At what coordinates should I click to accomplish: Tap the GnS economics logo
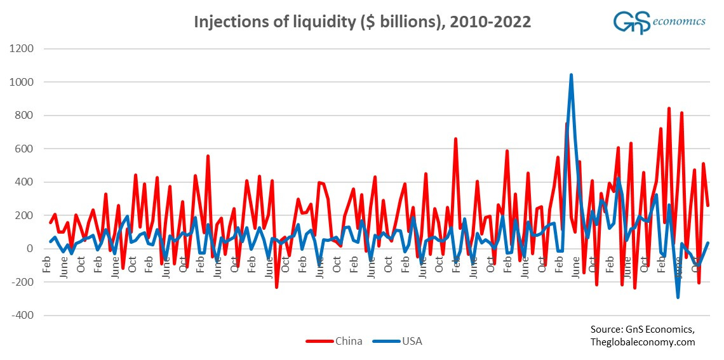click(659, 22)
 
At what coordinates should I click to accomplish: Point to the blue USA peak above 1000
click(571, 76)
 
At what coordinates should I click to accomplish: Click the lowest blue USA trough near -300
click(678, 297)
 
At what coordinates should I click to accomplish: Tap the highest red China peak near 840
click(669, 109)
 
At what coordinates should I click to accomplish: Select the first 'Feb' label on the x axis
click(46, 265)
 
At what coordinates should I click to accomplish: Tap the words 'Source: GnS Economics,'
click(642, 330)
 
